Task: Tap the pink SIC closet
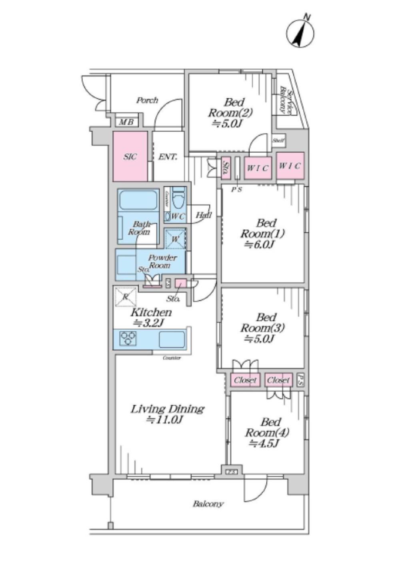130,156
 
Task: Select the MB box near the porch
127,122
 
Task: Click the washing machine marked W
175,239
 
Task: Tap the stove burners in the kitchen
128,338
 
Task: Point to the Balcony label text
208,504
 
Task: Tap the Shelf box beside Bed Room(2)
278,140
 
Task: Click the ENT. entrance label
168,157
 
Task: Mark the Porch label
147,100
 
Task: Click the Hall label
203,215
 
